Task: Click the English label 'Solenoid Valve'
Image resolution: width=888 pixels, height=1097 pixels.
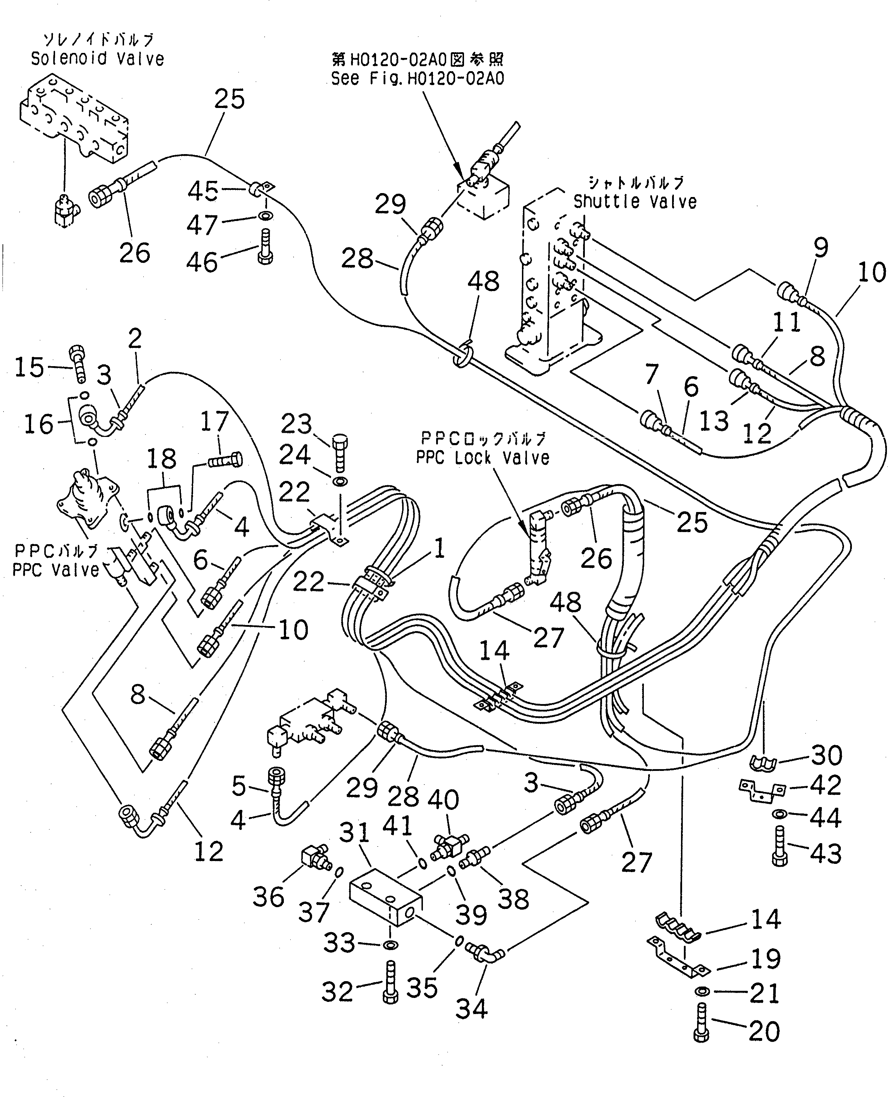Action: tap(97, 59)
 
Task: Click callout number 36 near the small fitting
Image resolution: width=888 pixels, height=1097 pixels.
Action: tap(268, 896)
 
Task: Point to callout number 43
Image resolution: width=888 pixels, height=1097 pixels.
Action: tap(825, 853)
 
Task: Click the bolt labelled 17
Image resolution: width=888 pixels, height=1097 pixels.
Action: tap(225, 461)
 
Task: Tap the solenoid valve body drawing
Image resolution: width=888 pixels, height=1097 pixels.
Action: tap(74, 126)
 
